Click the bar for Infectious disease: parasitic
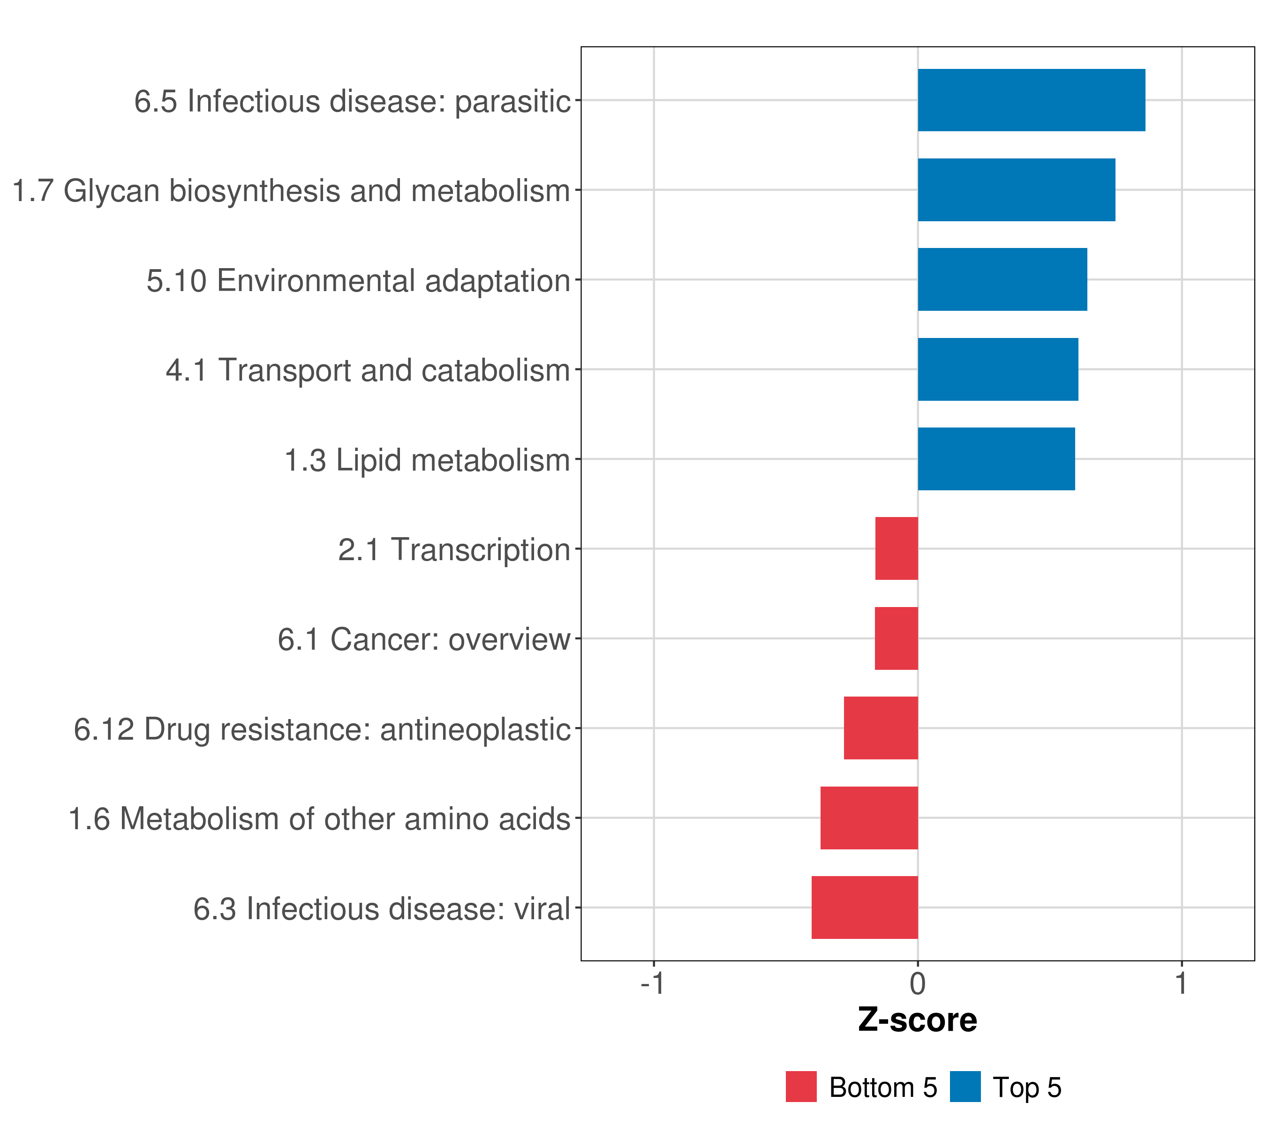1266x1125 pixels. coord(1031,100)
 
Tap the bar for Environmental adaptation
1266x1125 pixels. coord(1002,279)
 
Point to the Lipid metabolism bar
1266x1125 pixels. coord(996,459)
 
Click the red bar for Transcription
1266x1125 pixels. coord(896,548)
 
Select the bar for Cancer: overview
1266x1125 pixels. coord(896,638)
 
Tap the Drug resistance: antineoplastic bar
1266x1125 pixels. coord(881,728)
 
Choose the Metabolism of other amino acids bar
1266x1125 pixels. coord(869,818)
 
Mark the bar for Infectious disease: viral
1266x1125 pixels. coord(865,907)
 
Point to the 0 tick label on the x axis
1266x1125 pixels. coord(918,983)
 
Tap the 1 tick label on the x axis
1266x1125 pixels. coord(1182,983)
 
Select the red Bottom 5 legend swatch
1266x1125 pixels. coord(801,1087)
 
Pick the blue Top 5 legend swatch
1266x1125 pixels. coord(965,1087)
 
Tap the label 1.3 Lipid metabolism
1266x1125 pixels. coord(427,460)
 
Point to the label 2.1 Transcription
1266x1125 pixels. coord(454,550)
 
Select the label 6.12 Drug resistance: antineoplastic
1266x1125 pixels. coord(322,729)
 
